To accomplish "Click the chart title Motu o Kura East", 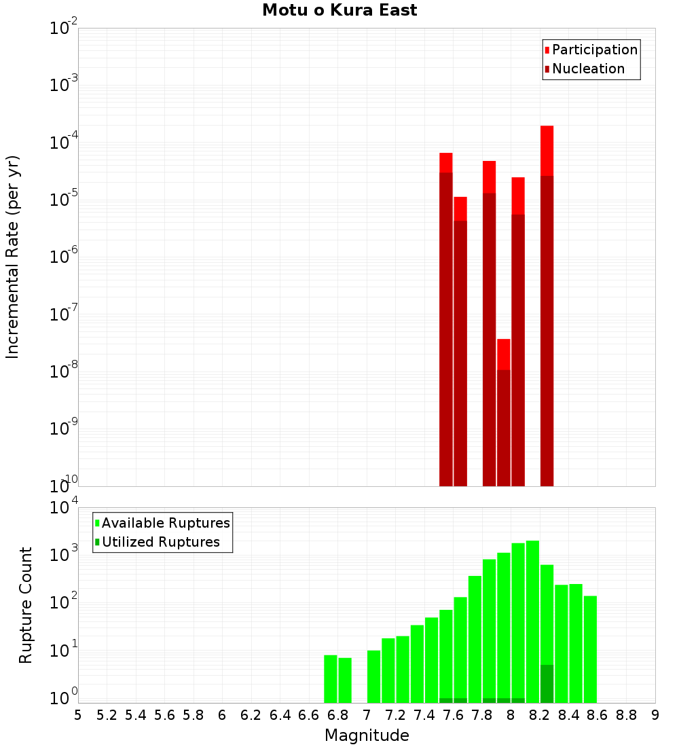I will click(339, 10).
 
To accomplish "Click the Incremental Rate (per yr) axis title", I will click(13, 257).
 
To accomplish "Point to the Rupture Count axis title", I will click(26, 605).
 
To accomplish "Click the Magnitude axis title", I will click(367, 735).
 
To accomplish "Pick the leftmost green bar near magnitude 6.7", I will click(331, 678).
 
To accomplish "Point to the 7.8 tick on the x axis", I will click(482, 715).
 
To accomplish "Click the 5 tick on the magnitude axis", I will click(78, 715).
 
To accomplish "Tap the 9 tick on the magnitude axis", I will click(655, 715).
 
